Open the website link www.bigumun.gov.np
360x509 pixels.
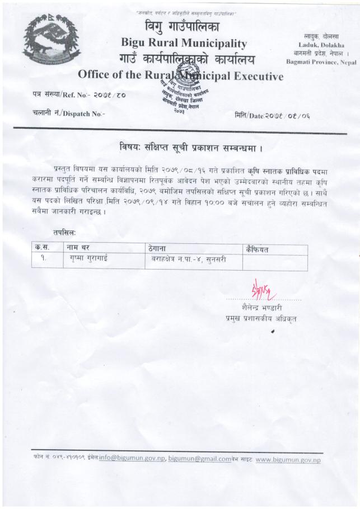click(x=288, y=460)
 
